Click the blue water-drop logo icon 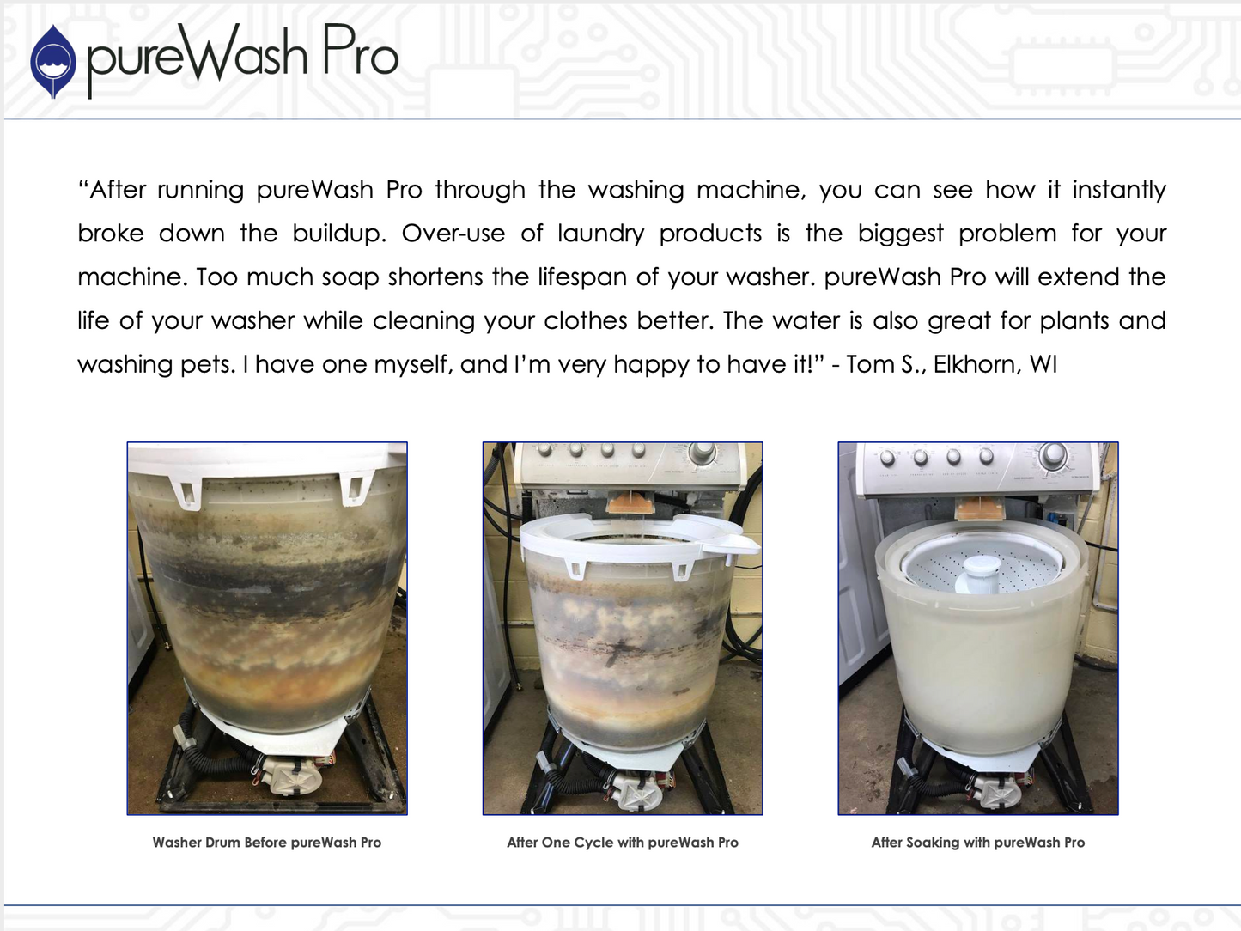point(52,61)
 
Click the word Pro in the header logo point(360,50)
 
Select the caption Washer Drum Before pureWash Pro point(267,843)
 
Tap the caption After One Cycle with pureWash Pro point(623,843)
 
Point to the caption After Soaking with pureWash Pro point(978,843)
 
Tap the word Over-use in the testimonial point(453,233)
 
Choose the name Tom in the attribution point(869,364)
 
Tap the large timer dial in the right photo point(1053,455)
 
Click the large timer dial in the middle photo point(703,452)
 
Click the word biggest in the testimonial point(901,234)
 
